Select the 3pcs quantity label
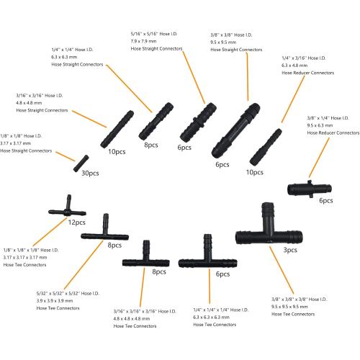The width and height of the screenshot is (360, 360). pyautogui.click(x=289, y=249)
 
